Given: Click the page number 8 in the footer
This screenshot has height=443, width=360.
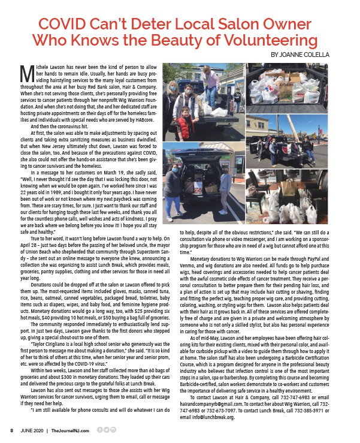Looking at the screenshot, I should (11, 430).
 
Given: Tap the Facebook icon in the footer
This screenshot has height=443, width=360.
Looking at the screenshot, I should (99, 430).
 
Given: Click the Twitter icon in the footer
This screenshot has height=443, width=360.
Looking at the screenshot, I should (107, 430).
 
